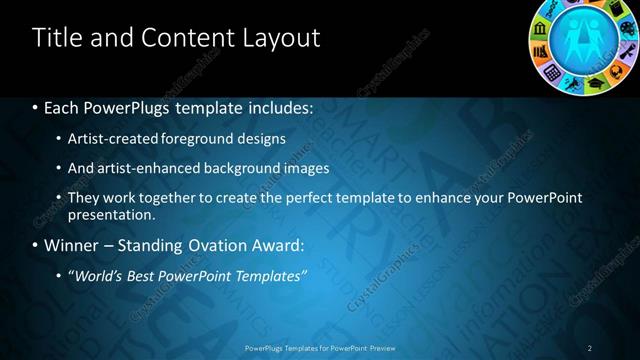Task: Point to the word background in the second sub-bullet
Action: click(244, 168)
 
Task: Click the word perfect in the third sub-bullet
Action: click(300, 198)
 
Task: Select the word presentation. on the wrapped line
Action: click(111, 215)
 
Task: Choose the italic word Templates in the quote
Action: click(270, 275)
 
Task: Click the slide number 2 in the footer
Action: click(590, 347)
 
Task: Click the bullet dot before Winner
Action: click(36, 245)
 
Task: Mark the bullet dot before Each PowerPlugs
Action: click(36, 105)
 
